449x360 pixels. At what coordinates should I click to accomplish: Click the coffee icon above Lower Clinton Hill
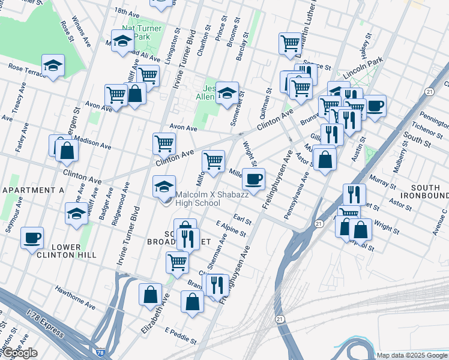point(32,238)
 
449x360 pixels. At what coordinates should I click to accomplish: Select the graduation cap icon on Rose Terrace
point(53,65)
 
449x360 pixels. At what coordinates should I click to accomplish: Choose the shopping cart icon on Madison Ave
point(164,143)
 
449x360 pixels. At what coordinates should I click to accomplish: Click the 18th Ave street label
point(126,11)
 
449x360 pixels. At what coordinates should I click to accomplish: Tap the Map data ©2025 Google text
point(412,355)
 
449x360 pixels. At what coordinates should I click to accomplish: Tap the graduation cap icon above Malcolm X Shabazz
point(164,186)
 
